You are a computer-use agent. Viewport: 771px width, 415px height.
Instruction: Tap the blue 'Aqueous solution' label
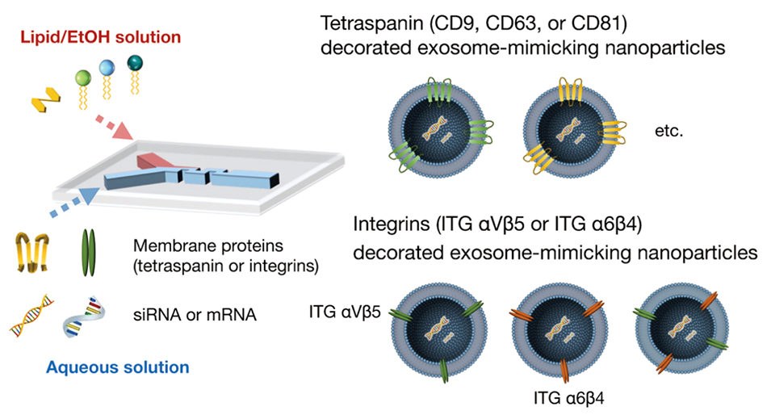(117, 367)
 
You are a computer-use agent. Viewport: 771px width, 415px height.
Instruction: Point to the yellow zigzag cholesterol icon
(44, 103)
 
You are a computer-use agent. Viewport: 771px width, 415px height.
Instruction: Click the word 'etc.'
(671, 130)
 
